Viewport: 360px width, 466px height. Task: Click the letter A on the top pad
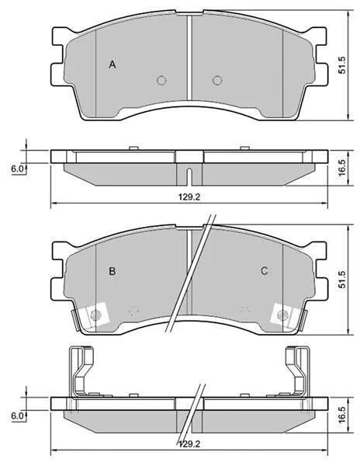pos(112,64)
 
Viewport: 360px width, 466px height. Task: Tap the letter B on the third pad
pos(112,271)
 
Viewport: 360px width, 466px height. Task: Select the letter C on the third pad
pos(264,271)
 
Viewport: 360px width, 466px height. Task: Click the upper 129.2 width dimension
pos(189,196)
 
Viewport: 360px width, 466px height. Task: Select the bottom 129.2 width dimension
pos(189,444)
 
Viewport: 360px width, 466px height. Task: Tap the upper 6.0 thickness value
pos(17,169)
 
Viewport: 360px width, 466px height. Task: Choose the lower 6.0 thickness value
pos(17,416)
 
